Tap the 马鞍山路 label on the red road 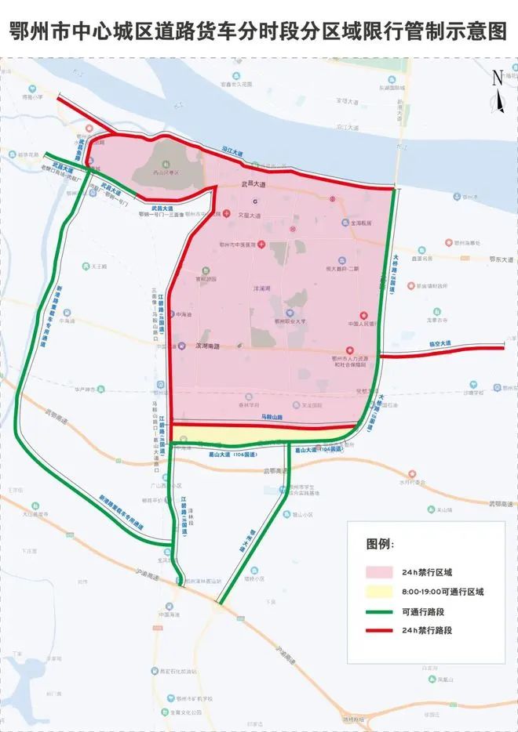272,418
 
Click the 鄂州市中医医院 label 243,245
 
